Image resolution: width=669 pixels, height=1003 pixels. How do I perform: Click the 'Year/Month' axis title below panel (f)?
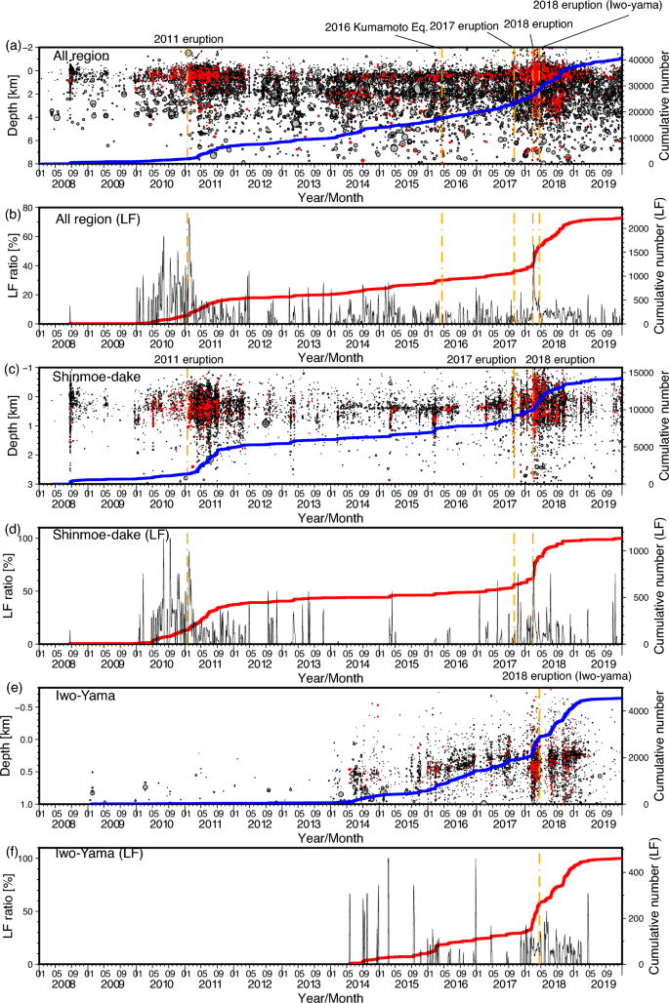click(332, 996)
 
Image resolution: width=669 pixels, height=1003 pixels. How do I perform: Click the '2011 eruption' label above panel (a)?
click(188, 39)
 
